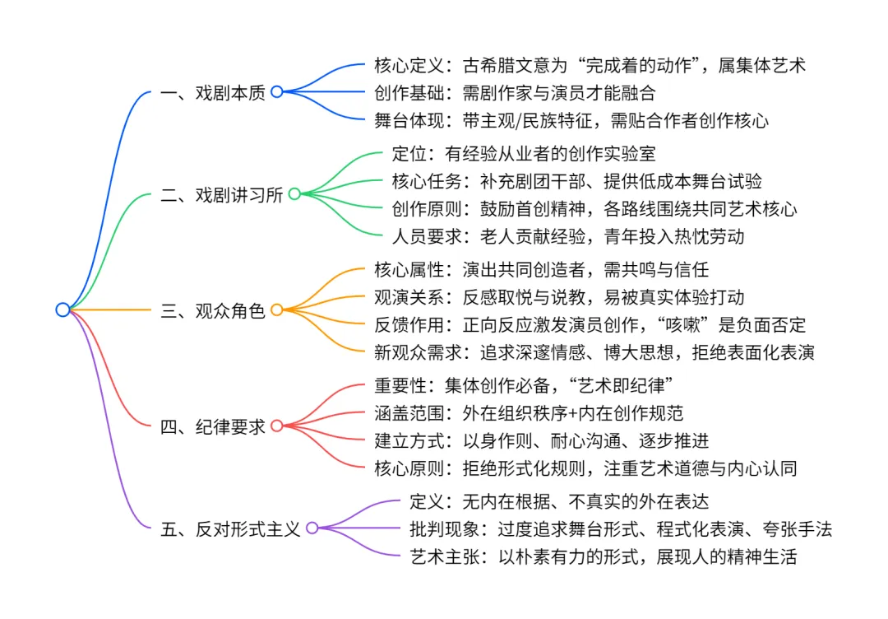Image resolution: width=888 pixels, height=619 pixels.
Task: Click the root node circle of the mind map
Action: coord(62,309)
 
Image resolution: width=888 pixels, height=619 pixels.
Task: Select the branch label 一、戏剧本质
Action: coord(213,92)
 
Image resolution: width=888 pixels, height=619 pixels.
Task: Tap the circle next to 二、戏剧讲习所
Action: coord(294,194)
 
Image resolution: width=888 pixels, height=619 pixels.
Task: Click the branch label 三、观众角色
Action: coord(213,310)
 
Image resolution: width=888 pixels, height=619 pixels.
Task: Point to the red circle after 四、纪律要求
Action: coord(276,426)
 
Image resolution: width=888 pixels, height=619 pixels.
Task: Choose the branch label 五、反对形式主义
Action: coord(231,528)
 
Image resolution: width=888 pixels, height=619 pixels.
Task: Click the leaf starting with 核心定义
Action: coord(590,65)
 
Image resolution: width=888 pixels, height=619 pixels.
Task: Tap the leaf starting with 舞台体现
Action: coord(571,120)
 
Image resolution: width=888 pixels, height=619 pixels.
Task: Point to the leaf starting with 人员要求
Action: coord(569,236)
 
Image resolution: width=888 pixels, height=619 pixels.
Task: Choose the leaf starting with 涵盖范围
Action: coord(539,412)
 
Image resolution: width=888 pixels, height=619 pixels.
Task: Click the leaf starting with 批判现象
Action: coord(621,528)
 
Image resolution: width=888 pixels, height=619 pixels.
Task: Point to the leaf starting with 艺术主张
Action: coord(603,556)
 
